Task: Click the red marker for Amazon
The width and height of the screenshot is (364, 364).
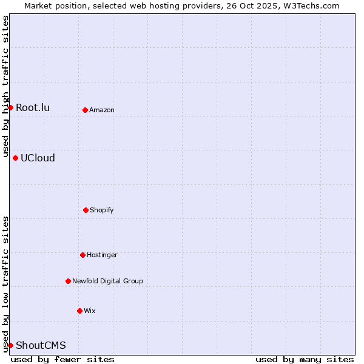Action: (85, 110)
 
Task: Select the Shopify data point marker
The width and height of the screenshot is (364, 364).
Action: (86, 210)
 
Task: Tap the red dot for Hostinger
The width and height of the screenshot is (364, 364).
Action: (83, 255)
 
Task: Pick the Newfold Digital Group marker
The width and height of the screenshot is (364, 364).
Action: (68, 281)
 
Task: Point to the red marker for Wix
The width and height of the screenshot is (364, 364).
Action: (79, 311)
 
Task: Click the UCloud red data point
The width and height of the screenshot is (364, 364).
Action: (15, 158)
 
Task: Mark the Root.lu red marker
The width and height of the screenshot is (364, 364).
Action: (10, 107)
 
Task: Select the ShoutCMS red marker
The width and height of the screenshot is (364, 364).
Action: (10, 345)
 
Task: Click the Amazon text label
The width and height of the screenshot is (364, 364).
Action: (102, 110)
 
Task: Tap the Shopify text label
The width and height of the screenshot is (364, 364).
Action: (102, 210)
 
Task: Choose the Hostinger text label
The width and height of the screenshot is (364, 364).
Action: (102, 255)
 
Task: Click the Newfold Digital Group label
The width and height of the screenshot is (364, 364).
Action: (107, 281)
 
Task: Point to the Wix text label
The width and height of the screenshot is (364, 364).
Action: (90, 311)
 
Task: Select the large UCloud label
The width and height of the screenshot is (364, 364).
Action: (38, 158)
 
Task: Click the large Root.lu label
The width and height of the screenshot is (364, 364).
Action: (33, 107)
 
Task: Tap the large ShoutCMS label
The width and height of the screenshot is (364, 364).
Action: (41, 345)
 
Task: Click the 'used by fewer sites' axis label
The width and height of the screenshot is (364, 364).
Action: (62, 359)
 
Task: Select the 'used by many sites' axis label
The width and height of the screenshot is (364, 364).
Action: (305, 359)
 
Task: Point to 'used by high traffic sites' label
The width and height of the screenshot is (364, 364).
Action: (5, 87)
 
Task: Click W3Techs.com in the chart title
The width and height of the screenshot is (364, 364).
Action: (309, 5)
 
